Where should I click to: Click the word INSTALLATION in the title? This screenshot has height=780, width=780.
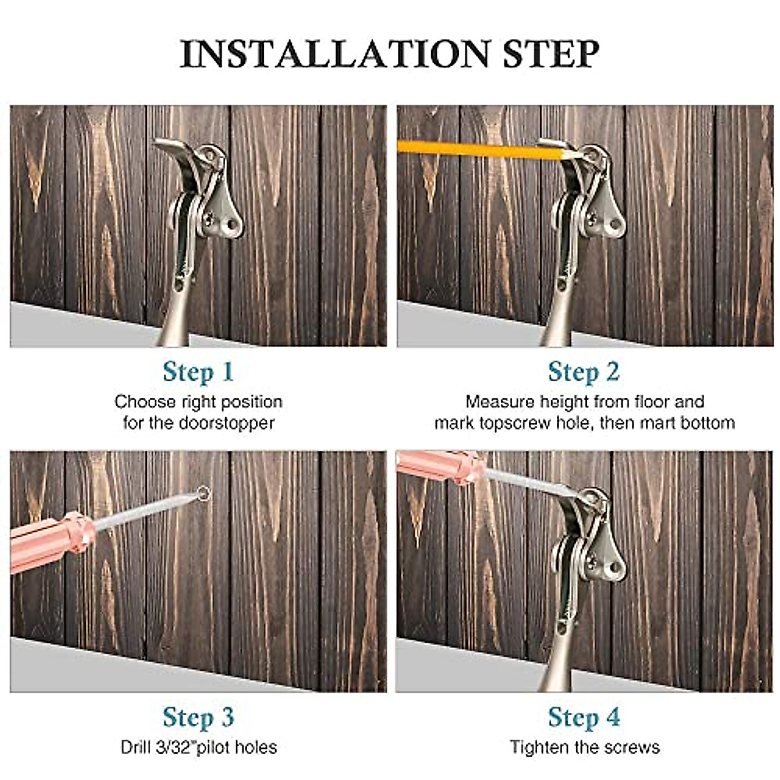point(334,54)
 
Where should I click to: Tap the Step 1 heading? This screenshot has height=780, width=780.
point(198,372)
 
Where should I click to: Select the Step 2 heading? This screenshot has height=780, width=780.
point(583,372)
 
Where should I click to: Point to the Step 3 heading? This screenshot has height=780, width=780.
point(198,717)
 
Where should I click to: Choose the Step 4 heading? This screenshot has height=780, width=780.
point(583,717)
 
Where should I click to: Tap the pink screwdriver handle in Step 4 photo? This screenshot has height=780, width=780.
point(439,465)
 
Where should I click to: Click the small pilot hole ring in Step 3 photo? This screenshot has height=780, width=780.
point(204,494)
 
